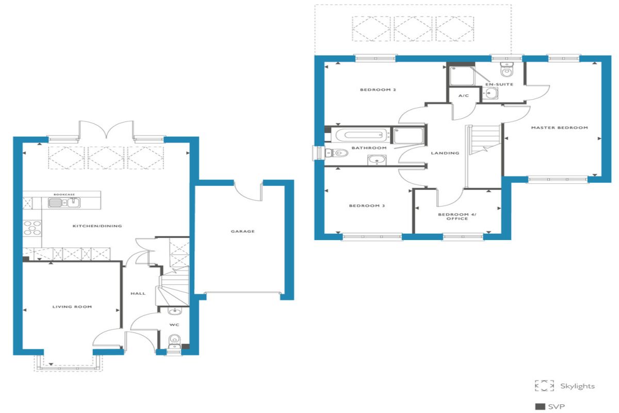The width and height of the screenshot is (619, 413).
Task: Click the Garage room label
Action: [x=242, y=231]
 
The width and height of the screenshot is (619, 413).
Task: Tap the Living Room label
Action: [x=72, y=307]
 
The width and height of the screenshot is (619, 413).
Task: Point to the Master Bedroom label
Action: [x=560, y=128]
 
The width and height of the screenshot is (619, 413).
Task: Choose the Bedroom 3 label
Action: [x=367, y=206]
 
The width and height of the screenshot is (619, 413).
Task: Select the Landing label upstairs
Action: [x=446, y=153]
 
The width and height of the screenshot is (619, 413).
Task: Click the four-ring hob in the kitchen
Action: [x=32, y=228]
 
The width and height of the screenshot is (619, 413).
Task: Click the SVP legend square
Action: [x=540, y=407]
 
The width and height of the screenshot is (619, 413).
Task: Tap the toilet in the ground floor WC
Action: [x=175, y=341]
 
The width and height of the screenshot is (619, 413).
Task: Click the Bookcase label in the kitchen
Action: [x=64, y=195]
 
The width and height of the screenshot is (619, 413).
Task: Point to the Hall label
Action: [x=138, y=293]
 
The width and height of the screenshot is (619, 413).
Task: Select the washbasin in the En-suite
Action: [x=491, y=93]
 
